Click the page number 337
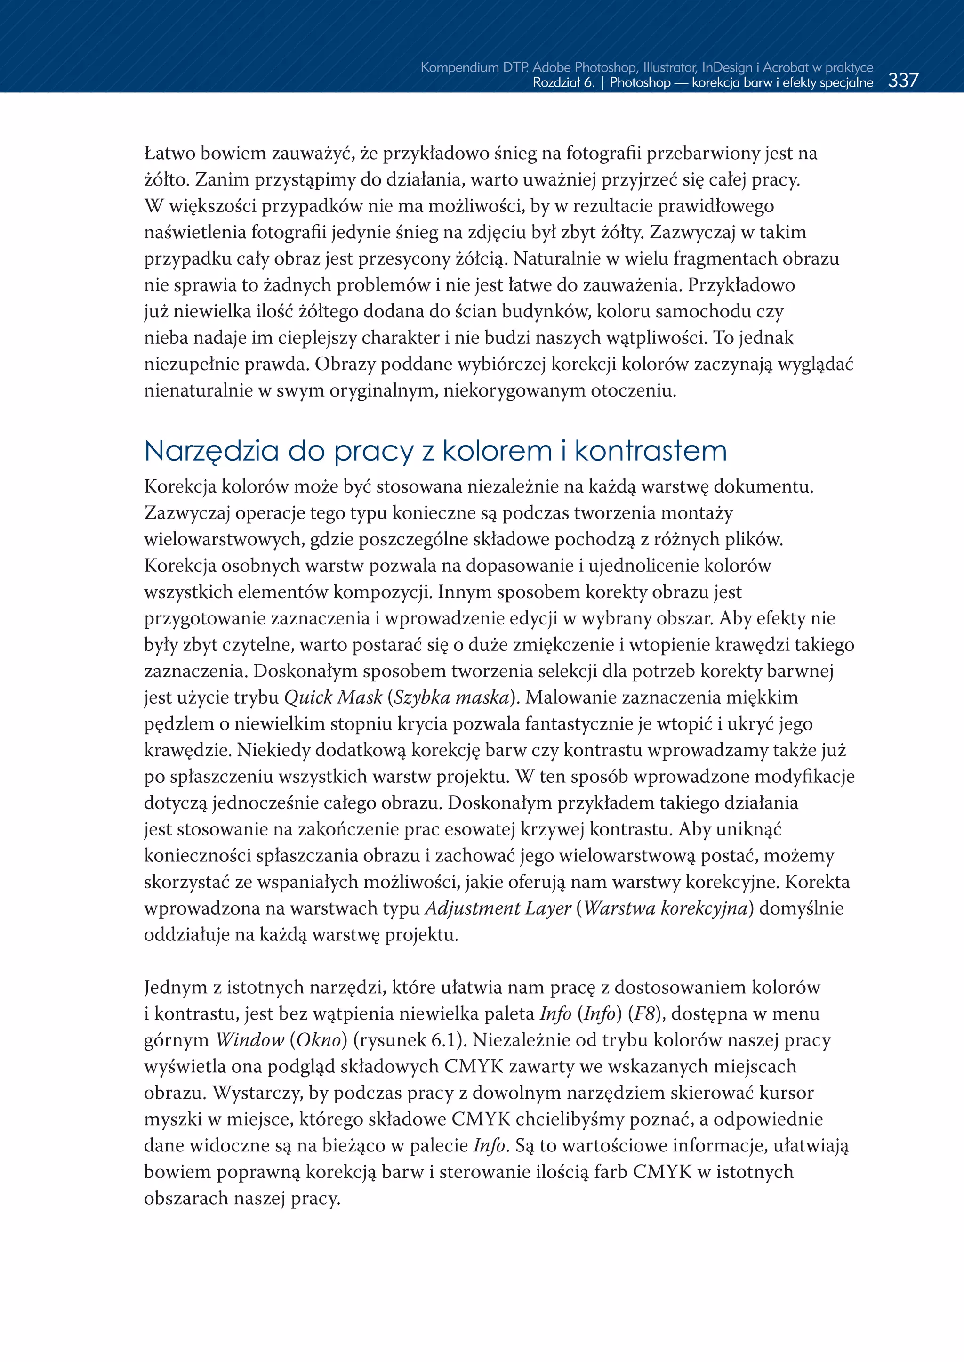[903, 80]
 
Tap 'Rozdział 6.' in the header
[563, 82]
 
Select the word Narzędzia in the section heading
[211, 452]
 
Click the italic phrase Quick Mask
[333, 697]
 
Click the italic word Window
[250, 1040]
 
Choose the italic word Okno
[319, 1040]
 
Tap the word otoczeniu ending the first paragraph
[633, 391]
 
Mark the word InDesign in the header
[727, 67]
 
